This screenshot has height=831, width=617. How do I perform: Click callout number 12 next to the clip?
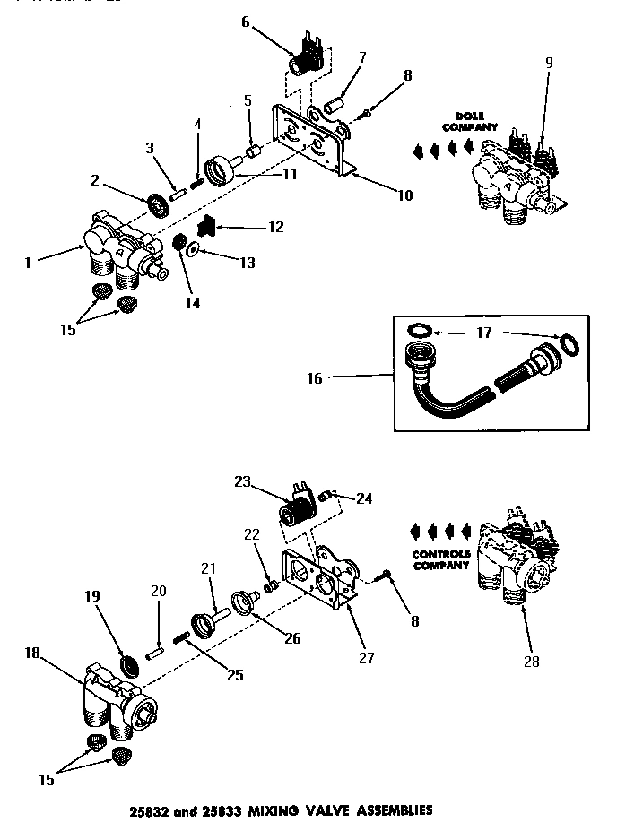(x=274, y=228)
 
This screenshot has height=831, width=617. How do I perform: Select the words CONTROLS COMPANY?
(x=440, y=560)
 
